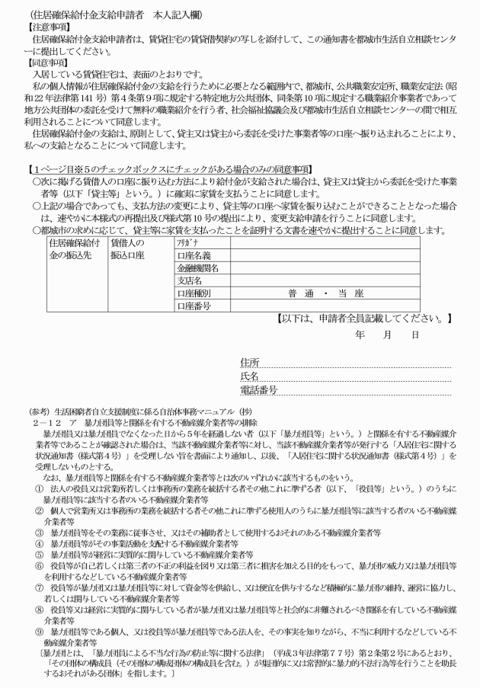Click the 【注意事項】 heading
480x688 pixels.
pyautogui.click(x=45, y=25)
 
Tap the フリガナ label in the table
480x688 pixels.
pyautogui.click(x=184, y=242)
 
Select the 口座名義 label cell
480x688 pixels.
pyautogui.click(x=194, y=254)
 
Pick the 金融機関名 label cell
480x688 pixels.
pyautogui.click(x=198, y=267)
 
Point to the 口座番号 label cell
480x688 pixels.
pyautogui.click(x=194, y=306)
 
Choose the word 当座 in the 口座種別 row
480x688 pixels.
pyautogui.click(x=350, y=293)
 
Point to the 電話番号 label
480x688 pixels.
pyautogui.click(x=258, y=390)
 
